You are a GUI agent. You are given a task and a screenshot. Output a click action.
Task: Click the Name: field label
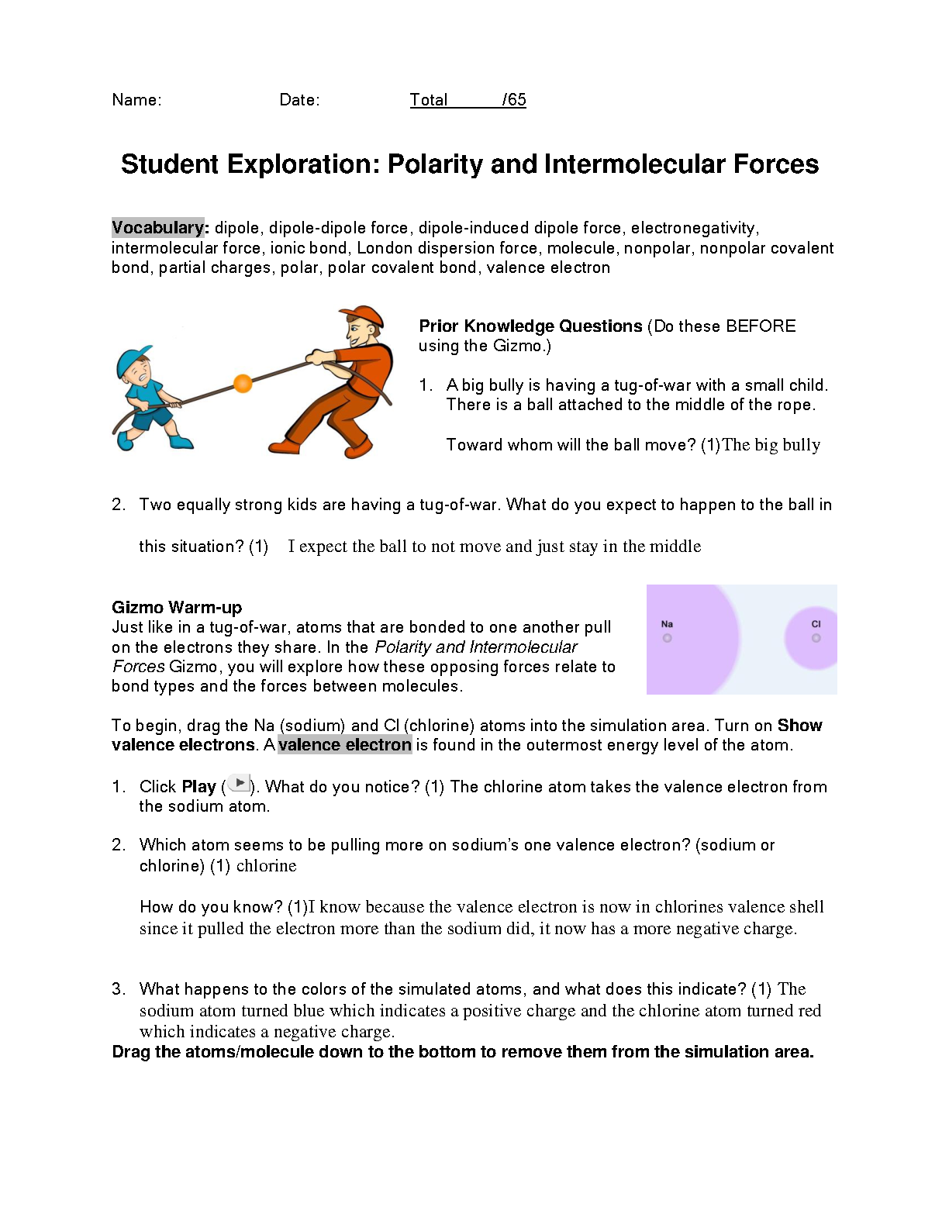coord(136,100)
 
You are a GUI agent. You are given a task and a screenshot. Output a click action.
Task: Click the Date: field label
coord(299,100)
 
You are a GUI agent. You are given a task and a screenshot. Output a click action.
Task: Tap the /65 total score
coord(514,100)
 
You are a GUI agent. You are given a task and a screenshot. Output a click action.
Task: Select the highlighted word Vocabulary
coord(157,228)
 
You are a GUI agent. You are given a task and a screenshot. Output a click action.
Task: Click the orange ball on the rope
coord(243,383)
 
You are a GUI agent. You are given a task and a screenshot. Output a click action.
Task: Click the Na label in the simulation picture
coord(667,624)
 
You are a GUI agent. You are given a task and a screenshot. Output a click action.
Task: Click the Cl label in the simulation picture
coord(816,624)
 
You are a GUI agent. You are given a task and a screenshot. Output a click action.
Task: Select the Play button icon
coord(240,784)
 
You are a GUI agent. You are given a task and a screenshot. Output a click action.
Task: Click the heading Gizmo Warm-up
coord(177,607)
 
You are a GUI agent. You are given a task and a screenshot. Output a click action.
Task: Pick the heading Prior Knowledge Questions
coord(530,326)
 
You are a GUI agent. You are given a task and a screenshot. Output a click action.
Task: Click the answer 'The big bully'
coord(771,445)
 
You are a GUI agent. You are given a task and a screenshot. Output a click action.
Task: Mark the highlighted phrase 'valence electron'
coord(345,745)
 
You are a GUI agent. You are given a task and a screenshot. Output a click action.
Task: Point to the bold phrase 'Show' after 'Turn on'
coord(799,726)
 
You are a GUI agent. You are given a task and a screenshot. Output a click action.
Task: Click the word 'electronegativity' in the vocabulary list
coord(694,228)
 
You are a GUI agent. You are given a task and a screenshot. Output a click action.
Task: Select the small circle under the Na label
coord(667,638)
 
